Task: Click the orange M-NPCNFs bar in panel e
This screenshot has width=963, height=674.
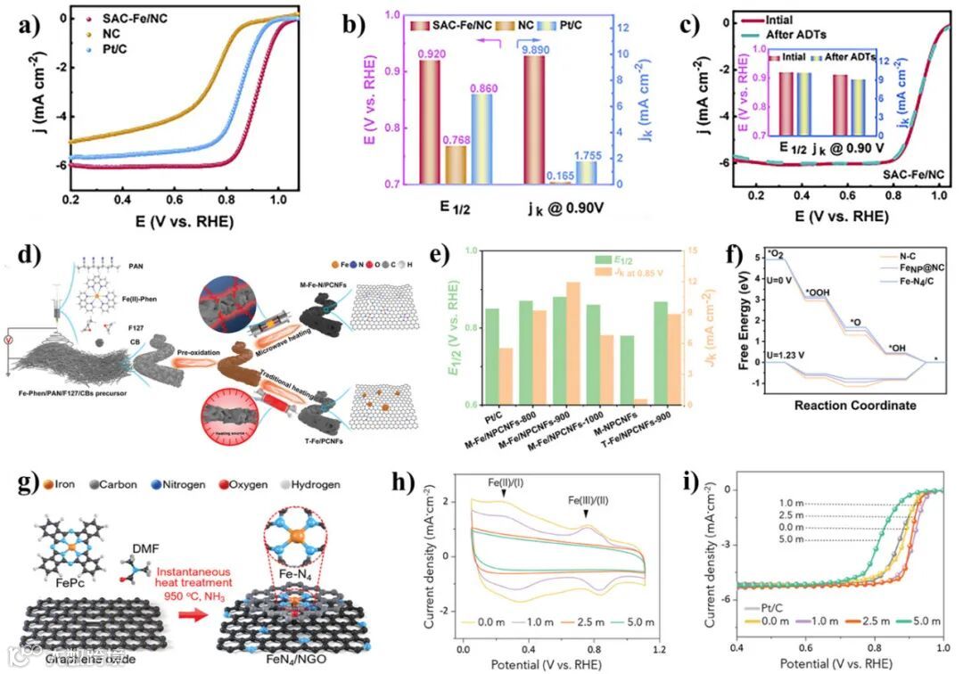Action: coord(639,401)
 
